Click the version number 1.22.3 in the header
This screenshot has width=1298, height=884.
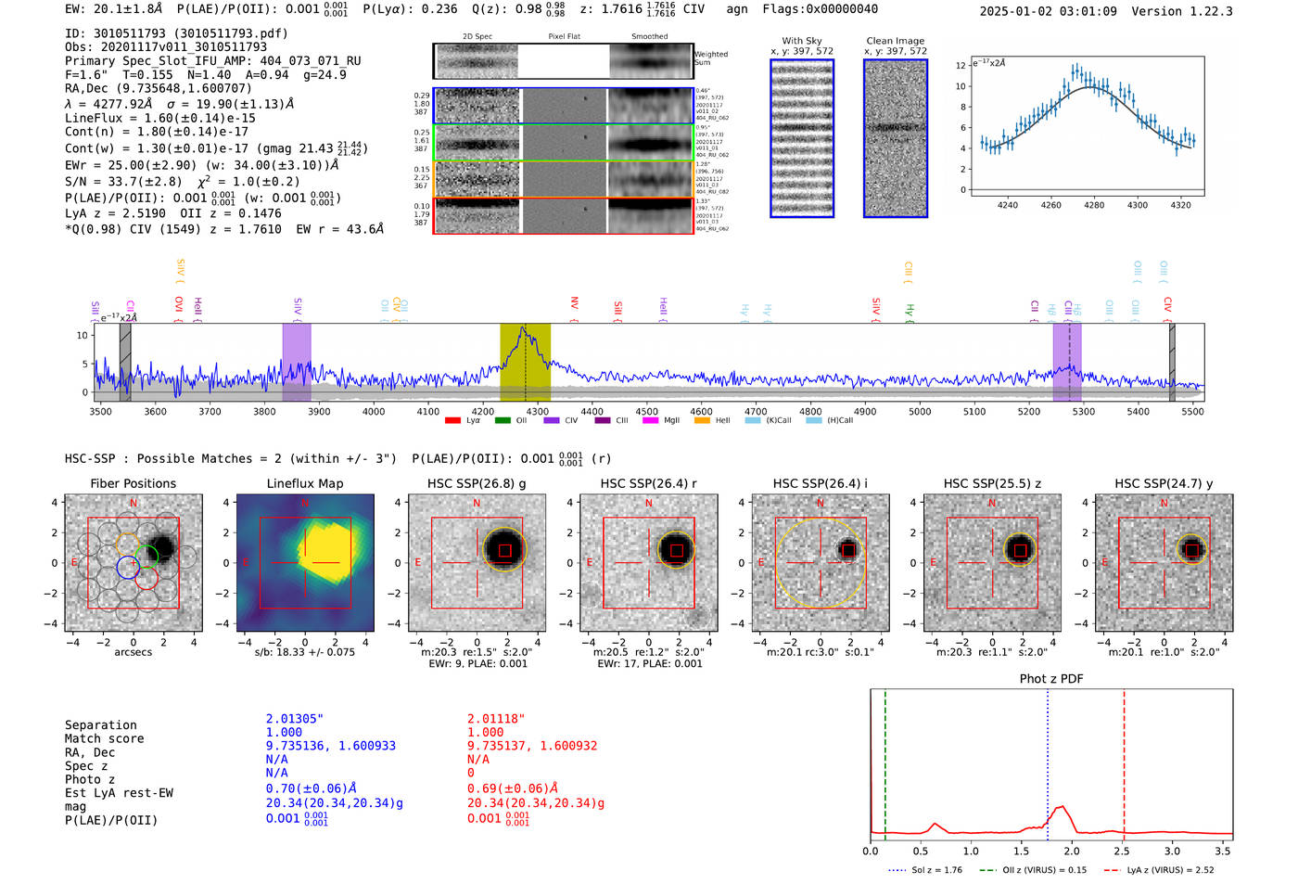tap(1203, 11)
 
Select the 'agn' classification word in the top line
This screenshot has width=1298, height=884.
tap(736, 8)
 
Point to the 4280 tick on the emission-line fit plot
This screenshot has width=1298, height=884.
tap(1094, 205)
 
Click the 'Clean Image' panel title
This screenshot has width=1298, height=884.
tap(895, 41)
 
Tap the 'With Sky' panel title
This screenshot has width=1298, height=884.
tap(801, 41)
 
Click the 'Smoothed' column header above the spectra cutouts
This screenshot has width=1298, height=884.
tap(649, 37)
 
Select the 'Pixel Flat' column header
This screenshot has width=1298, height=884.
tap(564, 37)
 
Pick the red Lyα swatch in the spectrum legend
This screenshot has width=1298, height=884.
tap(452, 420)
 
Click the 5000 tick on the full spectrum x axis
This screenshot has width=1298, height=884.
tap(920, 411)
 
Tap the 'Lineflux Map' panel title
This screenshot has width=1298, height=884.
tap(304, 483)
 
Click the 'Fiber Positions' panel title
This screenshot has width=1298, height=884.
tap(133, 483)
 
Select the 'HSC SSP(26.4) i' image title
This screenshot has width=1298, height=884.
tap(820, 483)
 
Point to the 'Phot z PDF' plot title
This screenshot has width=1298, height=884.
tap(1050, 678)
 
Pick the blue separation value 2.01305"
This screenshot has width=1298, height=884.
tap(294, 719)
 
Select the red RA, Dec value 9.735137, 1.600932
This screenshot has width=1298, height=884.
tap(532, 746)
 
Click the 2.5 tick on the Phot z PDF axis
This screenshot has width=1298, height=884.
tap(1122, 851)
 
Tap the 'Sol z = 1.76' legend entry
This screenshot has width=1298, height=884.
tap(936, 870)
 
